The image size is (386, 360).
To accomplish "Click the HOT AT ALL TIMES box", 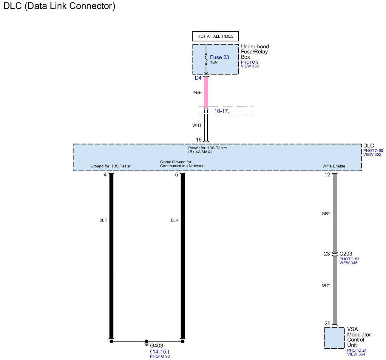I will pyautogui.click(x=215, y=36).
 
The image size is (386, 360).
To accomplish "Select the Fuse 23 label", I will pyautogui.click(x=219, y=57).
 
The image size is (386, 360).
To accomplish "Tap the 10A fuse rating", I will pyautogui.click(x=214, y=62).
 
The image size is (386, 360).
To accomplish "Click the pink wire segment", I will pyautogui.click(x=206, y=93).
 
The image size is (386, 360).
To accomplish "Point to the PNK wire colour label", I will pyautogui.click(x=197, y=93).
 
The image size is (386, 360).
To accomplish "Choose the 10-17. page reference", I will pyautogui.click(x=222, y=111).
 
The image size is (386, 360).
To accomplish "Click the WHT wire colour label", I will pyautogui.click(x=197, y=125).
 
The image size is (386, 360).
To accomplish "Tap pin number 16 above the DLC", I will pyautogui.click(x=199, y=140).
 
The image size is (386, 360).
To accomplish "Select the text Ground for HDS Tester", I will pyautogui.click(x=111, y=166).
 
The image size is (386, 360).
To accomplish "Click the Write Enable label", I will pyautogui.click(x=333, y=166).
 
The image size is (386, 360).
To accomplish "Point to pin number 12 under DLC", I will pyautogui.click(x=327, y=175).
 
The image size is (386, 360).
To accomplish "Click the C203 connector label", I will pyautogui.click(x=346, y=254).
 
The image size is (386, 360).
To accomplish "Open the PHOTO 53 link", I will pyautogui.click(x=349, y=259).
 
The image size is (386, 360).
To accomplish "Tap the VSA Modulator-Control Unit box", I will pyautogui.click(x=334, y=338).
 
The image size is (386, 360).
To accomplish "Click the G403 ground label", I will pyautogui.click(x=156, y=346).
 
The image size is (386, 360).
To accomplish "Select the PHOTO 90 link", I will pyautogui.click(x=160, y=356).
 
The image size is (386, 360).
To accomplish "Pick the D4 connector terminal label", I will pyautogui.click(x=198, y=78).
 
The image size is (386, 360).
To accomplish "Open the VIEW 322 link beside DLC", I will pyautogui.click(x=372, y=155).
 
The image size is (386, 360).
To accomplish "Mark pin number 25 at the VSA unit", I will pyautogui.click(x=327, y=324).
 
